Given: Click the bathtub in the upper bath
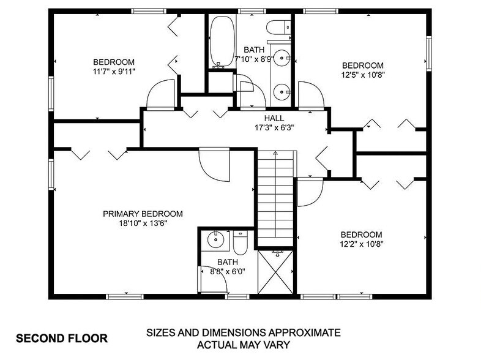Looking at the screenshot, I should coord(220,41).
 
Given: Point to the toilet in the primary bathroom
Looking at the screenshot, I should coord(239,244).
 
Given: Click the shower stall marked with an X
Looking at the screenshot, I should coord(274,272).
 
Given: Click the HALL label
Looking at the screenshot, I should coord(274,118).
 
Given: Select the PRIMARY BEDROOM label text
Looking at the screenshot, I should coord(143,214).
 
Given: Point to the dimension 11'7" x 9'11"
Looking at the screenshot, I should coord(114,71).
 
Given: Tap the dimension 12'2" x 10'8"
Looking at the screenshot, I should coord(361,244).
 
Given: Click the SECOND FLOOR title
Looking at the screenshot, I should coord(61,337).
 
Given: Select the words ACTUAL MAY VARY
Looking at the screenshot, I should coord(242,344).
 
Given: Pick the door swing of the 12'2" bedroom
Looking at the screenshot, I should coord(309,192).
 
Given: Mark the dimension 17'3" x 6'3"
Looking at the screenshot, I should coord(274,128).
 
